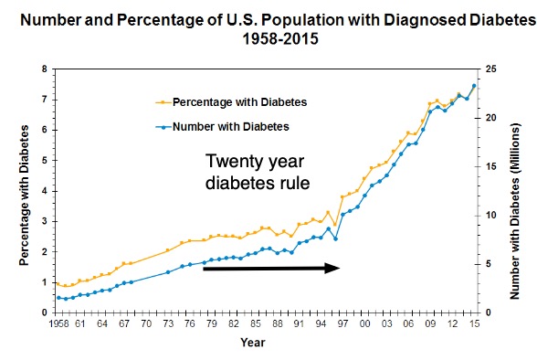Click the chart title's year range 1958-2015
(268, 40)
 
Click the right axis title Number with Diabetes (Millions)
(523, 190)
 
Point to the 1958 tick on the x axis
(61, 323)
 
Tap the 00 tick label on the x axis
(364, 323)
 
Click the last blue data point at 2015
(474, 86)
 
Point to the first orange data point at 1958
(57, 283)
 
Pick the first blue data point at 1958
(58, 297)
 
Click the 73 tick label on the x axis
(167, 323)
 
